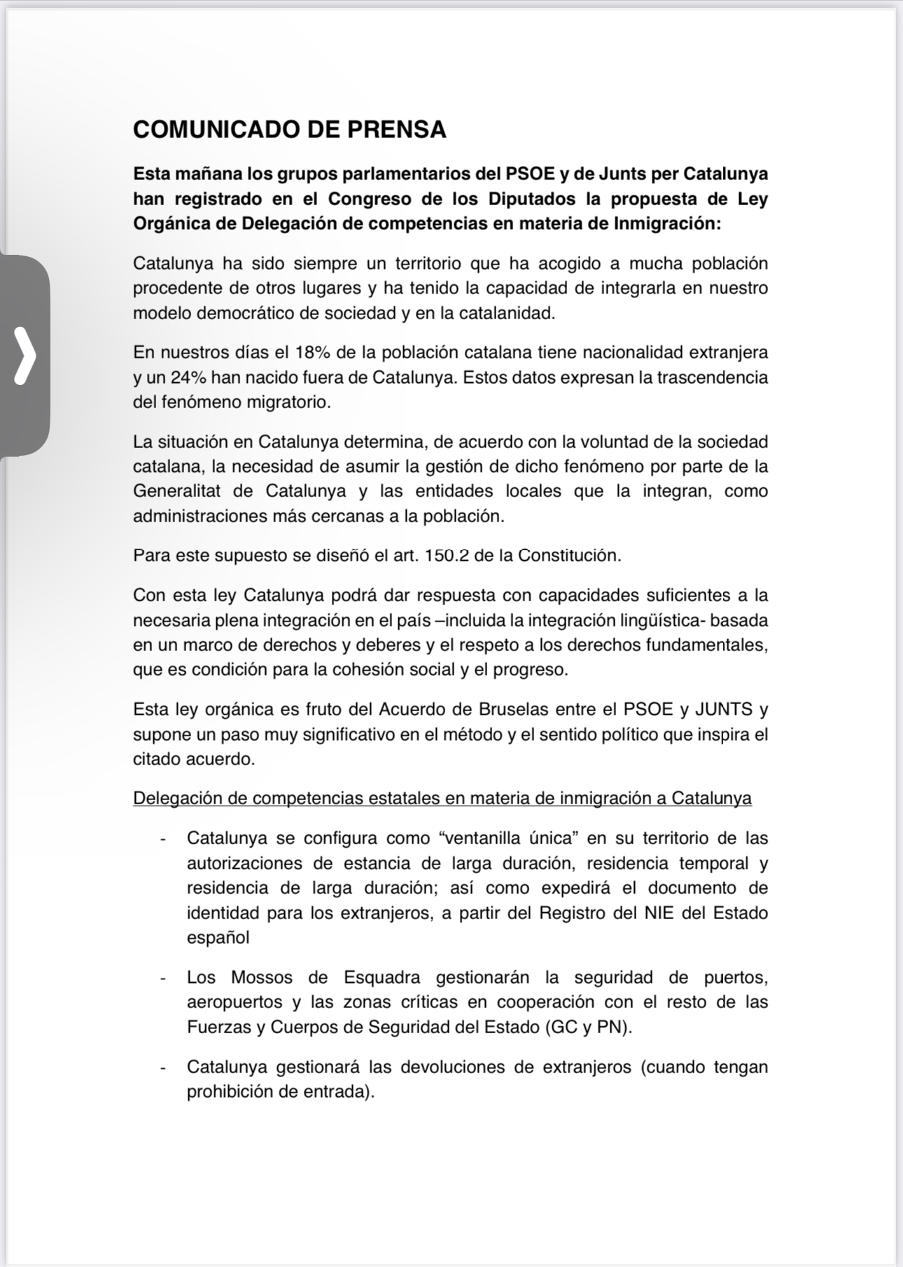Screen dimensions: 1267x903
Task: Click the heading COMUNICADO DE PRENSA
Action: pos(289,129)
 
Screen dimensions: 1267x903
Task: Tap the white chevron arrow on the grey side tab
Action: pos(25,356)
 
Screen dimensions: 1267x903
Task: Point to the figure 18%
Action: pos(313,352)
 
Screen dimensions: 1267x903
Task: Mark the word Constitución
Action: pos(569,556)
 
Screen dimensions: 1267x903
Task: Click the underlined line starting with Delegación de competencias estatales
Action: pos(442,799)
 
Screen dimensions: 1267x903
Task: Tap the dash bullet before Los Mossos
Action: pos(163,978)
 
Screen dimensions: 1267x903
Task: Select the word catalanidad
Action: pos(506,314)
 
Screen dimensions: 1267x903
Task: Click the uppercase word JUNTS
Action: pos(724,710)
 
